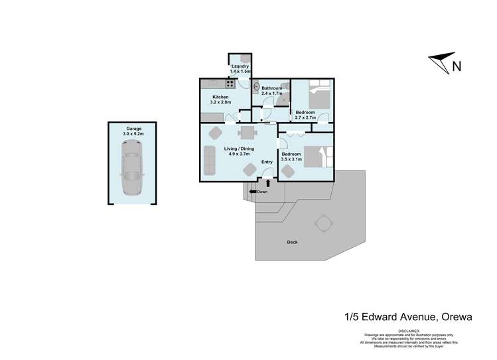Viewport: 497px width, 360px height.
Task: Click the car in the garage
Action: tap(131, 172)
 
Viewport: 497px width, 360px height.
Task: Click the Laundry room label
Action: tap(240, 67)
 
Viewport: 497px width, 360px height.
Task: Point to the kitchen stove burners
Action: tap(230, 84)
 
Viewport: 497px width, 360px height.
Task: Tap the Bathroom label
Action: tap(271, 88)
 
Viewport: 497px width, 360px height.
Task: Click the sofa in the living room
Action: tap(210, 158)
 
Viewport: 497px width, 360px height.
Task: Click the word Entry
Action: tap(267, 162)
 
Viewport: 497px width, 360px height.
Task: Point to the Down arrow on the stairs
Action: tap(253, 192)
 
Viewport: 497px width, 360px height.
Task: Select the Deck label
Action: tap(292, 242)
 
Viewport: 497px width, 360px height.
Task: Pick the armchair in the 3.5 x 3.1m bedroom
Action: tap(287, 171)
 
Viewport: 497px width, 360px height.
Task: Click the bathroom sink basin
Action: tap(257, 87)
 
